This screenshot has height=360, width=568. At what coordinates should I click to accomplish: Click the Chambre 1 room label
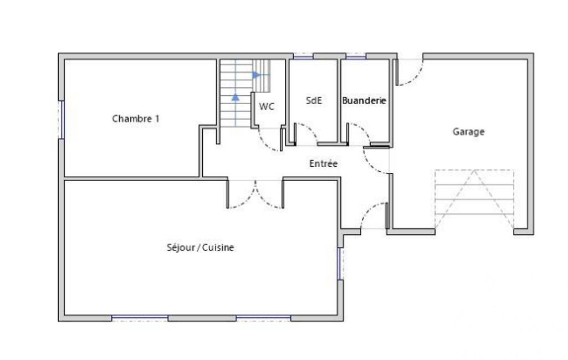(135, 119)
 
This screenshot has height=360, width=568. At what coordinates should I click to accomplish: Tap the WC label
(267, 106)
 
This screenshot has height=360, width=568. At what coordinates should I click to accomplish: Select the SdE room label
(314, 100)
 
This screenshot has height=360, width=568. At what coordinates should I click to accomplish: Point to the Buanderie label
(364, 100)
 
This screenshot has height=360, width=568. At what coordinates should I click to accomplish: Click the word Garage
(468, 131)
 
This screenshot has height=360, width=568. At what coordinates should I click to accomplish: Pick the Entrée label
(324, 163)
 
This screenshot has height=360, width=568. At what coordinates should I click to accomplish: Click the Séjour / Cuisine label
(200, 248)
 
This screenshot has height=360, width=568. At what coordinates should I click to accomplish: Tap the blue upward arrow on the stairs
(236, 97)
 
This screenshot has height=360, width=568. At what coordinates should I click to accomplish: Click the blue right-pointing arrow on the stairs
(256, 75)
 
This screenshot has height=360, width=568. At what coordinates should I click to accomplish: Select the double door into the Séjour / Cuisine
(255, 194)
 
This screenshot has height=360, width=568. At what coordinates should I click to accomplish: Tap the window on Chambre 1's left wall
(62, 120)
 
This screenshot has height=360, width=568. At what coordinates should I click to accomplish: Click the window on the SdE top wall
(303, 56)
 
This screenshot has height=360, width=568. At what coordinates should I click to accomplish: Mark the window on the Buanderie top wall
(356, 56)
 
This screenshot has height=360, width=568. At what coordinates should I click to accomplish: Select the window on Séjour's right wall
(340, 264)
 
